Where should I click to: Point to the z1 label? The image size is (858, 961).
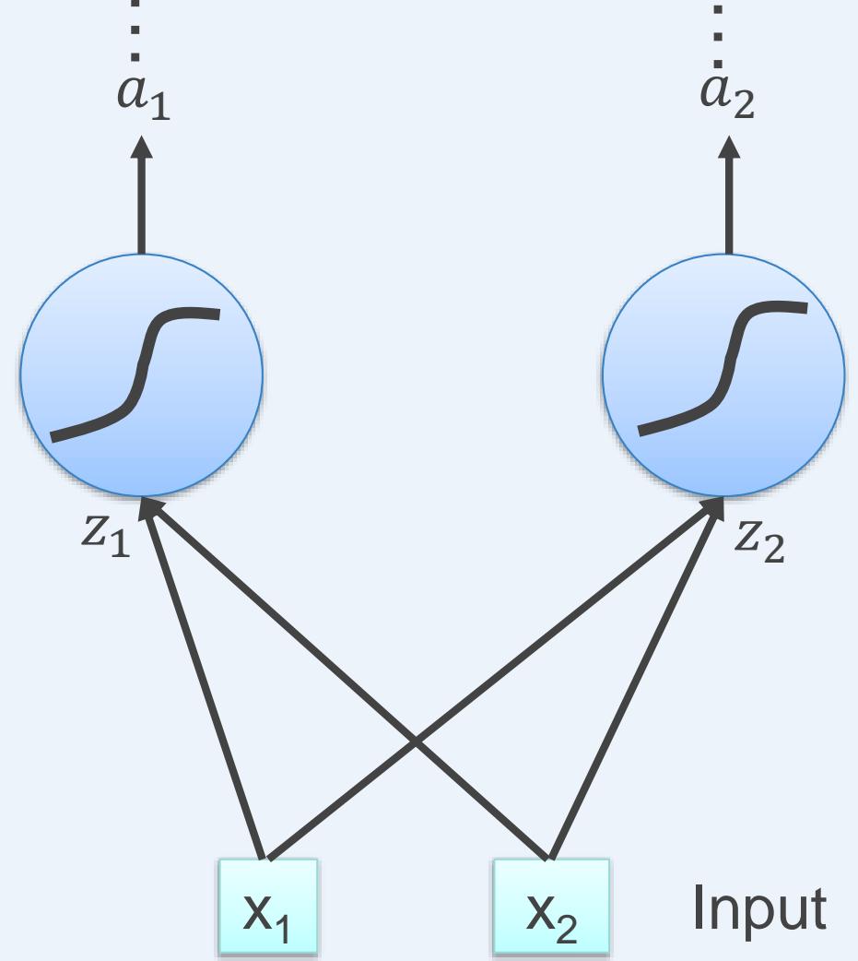(103, 536)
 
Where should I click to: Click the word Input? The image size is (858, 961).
(758, 908)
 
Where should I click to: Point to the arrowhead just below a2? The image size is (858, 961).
(729, 148)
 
